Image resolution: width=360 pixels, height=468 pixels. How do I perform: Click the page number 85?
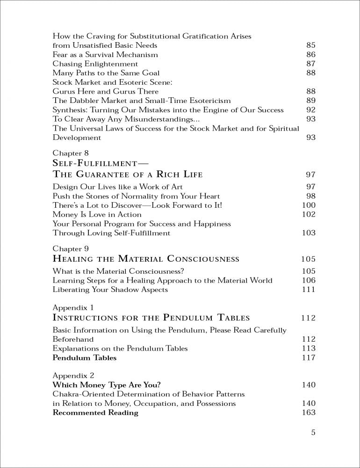[x=311, y=45]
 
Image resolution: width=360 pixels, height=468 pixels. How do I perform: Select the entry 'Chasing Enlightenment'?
[x=95, y=64]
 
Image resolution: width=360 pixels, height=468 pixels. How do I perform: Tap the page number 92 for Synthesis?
[x=311, y=110]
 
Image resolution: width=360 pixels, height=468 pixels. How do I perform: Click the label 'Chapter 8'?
[x=71, y=153]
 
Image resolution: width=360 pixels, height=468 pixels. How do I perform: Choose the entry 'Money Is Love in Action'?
[x=97, y=214]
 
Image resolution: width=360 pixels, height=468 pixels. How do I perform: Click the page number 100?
[x=309, y=205]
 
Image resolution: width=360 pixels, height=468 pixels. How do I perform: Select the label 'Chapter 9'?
[x=71, y=249]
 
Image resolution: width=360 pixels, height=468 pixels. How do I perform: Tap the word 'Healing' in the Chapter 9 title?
[x=79, y=259]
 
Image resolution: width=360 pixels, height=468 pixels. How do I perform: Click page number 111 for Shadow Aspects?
[x=309, y=290]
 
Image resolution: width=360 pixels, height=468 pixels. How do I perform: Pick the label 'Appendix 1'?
[x=73, y=307]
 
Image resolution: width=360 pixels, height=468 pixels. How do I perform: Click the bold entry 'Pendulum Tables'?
[x=84, y=358]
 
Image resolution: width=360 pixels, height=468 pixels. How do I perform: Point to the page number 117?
[x=309, y=358]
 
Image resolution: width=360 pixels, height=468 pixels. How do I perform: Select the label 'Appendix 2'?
[x=73, y=375]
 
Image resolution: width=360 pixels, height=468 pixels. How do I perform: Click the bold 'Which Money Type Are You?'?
[x=107, y=385]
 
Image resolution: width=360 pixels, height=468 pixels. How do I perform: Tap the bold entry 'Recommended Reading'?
[x=95, y=412]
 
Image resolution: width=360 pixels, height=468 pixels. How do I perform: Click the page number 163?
[x=309, y=412]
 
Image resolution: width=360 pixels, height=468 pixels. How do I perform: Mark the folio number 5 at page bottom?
[x=313, y=432]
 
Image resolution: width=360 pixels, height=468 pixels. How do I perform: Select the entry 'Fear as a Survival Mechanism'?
[x=105, y=54]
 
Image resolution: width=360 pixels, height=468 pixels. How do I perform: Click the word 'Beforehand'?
[x=73, y=339]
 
